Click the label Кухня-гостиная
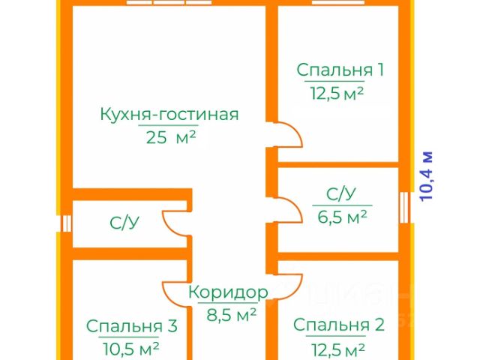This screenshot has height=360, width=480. pos(169,115)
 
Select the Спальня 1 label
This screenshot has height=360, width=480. pos(340,70)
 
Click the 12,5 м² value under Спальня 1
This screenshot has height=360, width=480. pos(337,93)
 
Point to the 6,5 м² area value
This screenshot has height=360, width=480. pos(343,217)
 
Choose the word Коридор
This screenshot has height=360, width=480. pos(227,292)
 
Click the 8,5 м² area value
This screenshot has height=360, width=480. pos(232,313)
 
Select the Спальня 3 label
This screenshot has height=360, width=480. pos(131,326)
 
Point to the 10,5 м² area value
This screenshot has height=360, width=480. pos(132,349)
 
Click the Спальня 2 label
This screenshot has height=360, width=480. pos(338,325)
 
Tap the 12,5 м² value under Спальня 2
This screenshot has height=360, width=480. pos(337,349)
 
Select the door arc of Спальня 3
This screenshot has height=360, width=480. pos(174,291)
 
